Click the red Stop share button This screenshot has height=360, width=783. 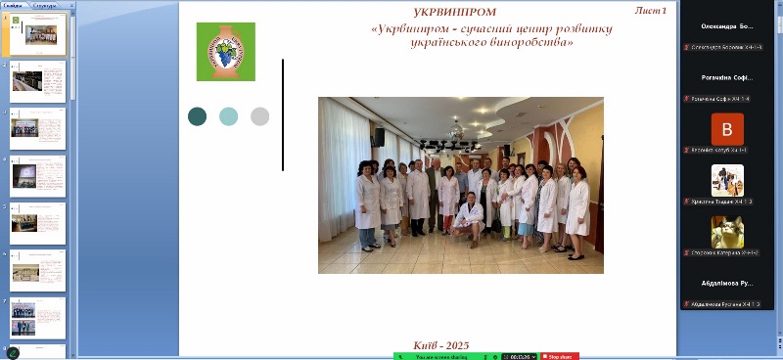559,356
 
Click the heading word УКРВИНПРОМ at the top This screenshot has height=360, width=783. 440,12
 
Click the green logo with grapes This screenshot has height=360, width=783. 225,52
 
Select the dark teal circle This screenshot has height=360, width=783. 198,116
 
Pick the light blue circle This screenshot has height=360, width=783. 228,116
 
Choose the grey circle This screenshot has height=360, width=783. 259,116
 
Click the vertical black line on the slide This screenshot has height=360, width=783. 283,114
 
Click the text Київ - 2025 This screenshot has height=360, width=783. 441,345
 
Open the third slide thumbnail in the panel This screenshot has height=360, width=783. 37,128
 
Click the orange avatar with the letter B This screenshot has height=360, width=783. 727,129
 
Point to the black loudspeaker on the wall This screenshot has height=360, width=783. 378,137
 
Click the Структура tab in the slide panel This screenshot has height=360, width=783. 45,5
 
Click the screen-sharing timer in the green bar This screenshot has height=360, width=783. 518,356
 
